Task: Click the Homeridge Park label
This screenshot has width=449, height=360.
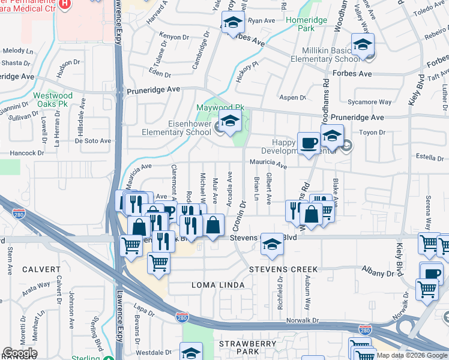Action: pos(307,24)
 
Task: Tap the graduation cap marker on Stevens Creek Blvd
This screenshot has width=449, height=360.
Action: pos(272,244)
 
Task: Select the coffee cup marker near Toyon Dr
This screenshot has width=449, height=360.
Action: pos(309,143)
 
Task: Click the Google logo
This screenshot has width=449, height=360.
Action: pos(20,353)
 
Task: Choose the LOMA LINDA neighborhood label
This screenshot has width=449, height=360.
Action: pos(218,284)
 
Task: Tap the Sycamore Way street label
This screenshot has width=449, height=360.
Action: pos(373,103)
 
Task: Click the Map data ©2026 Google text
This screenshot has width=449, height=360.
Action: pos(412,355)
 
